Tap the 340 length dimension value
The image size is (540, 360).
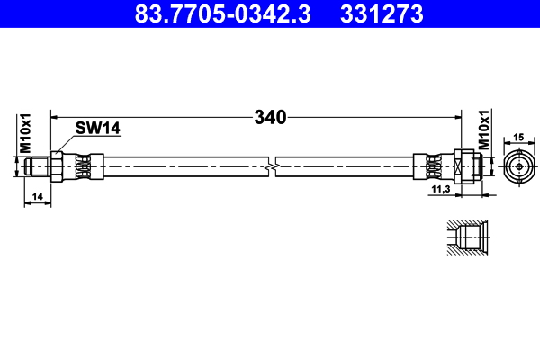[x=270, y=117]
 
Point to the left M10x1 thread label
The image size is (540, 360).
[x=26, y=132]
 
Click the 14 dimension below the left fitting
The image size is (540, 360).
[x=36, y=195]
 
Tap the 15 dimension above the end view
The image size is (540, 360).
[x=517, y=137]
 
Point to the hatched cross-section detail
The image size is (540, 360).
[x=469, y=238]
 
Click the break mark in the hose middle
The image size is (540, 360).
[x=272, y=167]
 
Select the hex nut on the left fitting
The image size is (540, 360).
[x=58, y=167]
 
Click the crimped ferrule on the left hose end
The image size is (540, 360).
[x=83, y=167]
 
